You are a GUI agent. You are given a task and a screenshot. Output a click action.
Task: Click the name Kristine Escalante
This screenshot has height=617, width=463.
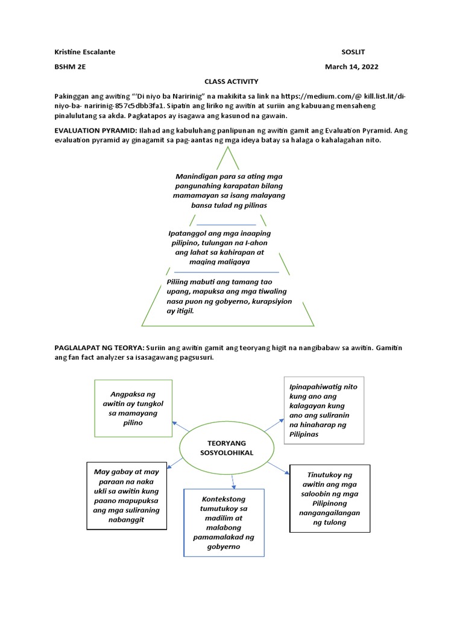click(84, 52)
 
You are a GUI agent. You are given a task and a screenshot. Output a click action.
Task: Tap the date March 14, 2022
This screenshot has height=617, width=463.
click(351, 67)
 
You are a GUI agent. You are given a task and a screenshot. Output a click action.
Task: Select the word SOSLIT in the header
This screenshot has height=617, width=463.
click(354, 52)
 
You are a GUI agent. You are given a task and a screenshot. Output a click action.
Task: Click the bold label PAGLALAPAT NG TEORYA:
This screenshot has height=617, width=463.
click(99, 348)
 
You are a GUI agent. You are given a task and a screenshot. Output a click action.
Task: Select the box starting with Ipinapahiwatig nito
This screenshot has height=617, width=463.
click(324, 410)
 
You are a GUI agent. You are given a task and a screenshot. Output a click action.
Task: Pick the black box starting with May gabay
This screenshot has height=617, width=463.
click(127, 495)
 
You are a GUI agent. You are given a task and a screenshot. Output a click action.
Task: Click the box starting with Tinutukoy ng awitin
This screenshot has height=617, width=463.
click(330, 498)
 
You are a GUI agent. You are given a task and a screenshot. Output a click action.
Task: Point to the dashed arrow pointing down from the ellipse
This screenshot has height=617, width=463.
click(233, 480)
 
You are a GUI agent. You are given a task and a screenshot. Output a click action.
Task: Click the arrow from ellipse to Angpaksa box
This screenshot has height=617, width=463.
click(180, 427)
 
